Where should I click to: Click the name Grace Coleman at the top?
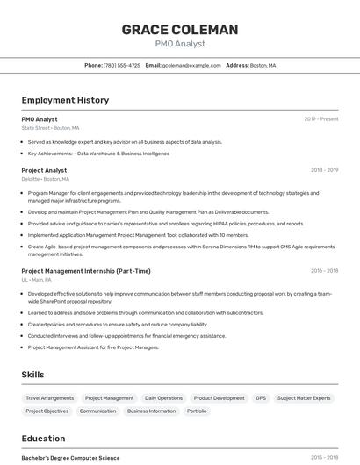(179, 30)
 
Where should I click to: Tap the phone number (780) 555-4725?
(121, 65)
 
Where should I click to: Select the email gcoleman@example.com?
(191, 65)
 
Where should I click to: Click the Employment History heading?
(65, 100)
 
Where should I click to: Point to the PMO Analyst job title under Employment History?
(40, 119)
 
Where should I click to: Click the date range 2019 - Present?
(320, 119)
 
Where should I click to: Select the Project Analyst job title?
(44, 170)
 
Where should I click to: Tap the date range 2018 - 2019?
(324, 170)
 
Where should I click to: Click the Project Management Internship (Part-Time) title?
(86, 271)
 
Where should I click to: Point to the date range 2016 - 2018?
(324, 271)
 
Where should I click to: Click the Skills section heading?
(32, 375)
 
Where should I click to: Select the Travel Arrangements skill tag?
(50, 398)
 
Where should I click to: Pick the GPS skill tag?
(261, 398)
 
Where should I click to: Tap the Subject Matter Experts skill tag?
(304, 398)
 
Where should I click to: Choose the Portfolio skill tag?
(197, 411)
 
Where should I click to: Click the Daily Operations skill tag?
(163, 398)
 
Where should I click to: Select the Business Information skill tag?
(151, 411)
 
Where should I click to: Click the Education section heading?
(43, 439)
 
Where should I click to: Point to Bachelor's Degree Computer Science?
(70, 458)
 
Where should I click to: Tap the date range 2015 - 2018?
(324, 458)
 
